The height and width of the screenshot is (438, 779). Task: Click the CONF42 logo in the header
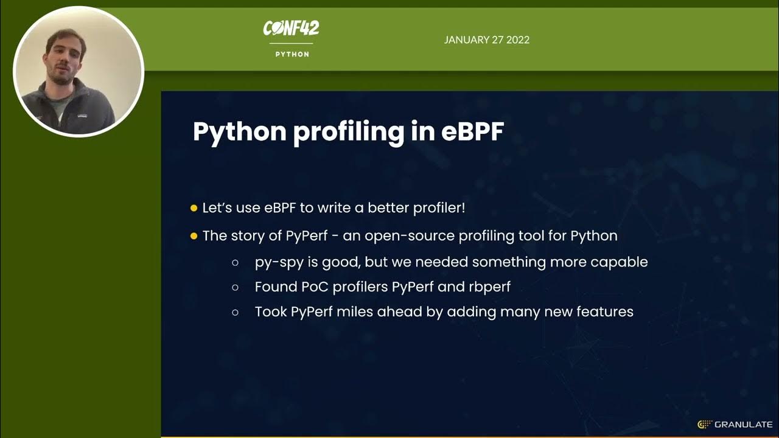point(291,28)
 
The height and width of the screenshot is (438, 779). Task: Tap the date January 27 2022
point(486,40)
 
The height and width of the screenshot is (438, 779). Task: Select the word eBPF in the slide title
point(472,131)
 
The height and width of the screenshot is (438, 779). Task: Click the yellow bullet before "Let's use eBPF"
point(194,208)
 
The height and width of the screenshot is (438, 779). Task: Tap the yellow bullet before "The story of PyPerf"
point(194,236)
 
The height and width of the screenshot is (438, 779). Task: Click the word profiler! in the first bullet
point(439,208)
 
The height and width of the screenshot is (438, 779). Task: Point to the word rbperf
point(489,287)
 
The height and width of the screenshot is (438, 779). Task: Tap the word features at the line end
point(605,312)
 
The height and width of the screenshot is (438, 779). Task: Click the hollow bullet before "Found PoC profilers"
point(236,287)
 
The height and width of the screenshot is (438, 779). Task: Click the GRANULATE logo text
point(744,425)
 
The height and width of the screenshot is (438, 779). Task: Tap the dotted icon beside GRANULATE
point(705,425)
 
